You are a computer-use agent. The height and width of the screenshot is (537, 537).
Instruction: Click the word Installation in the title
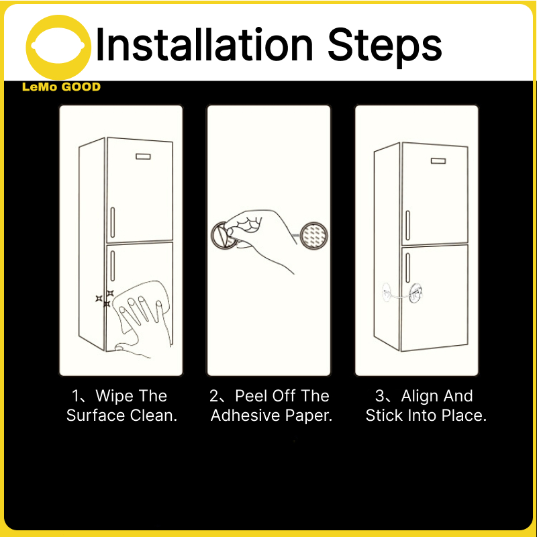tap(205, 44)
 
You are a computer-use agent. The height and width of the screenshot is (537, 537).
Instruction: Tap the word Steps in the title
tap(385, 47)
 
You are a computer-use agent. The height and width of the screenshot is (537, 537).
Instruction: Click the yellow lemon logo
tap(58, 46)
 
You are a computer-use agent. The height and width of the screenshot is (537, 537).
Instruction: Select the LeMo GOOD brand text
tap(61, 87)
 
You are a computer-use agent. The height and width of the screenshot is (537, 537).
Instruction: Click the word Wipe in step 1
tap(114, 395)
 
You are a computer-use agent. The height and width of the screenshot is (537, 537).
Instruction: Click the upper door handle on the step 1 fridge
tap(112, 222)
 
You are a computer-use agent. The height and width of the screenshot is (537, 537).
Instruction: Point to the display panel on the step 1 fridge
tap(143, 156)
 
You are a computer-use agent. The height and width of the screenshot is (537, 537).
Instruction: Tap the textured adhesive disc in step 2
tap(313, 236)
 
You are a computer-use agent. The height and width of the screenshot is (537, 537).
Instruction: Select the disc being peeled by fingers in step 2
tap(224, 235)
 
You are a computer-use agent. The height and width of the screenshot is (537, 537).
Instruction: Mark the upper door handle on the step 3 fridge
tap(407, 225)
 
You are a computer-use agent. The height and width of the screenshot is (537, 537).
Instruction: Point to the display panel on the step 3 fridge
tap(438, 160)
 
